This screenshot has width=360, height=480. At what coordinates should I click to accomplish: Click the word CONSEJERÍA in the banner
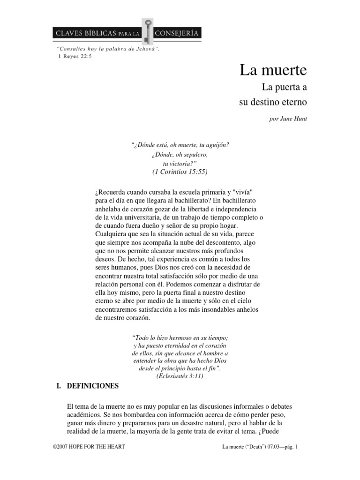pyautogui.click(x=179, y=33)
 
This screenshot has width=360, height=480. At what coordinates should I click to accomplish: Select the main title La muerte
pyautogui.click(x=273, y=71)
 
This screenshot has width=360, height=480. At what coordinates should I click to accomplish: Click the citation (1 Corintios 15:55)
pyautogui.click(x=180, y=172)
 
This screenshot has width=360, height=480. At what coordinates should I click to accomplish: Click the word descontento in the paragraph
pyautogui.click(x=220, y=243)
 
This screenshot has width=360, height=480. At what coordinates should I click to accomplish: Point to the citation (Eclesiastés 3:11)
pyautogui.click(x=180, y=376)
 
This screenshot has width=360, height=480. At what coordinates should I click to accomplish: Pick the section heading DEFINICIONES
pyautogui.click(x=93, y=386)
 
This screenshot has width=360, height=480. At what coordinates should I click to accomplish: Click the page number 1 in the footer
pyautogui.click(x=297, y=447)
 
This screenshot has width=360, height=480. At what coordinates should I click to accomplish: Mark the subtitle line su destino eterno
pyautogui.click(x=273, y=101)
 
